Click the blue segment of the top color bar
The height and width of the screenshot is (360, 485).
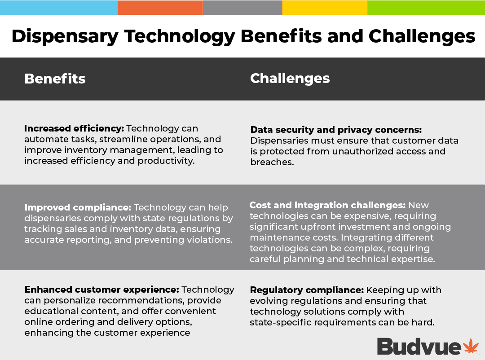59,8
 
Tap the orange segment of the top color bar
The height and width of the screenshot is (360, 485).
160,8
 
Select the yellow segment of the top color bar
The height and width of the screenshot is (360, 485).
325,8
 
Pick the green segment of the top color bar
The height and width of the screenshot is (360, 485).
426,8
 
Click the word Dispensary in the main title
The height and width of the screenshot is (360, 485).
65,37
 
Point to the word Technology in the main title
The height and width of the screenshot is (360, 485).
179,37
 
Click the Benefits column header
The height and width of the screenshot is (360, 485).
55,79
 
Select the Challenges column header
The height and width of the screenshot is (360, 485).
290,79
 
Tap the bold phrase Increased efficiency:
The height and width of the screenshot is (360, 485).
74,129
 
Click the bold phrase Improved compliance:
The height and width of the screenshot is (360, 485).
78,207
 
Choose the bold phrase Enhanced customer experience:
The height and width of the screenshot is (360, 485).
102,290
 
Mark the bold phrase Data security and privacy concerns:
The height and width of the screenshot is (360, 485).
336,130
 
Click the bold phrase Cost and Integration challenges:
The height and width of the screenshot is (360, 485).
327,205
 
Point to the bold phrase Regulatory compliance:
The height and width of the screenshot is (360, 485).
307,290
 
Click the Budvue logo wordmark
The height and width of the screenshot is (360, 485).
419,347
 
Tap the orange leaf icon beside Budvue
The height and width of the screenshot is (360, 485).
471,346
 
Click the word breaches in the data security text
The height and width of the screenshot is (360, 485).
272,162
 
